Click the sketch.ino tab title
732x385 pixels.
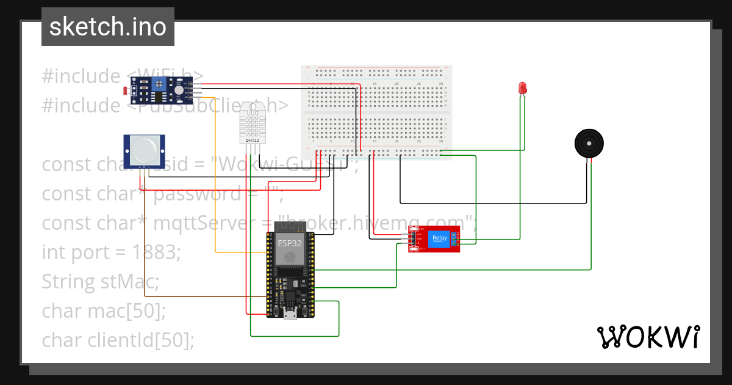pyautogui.click(x=108, y=27)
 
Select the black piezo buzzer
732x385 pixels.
pyautogui.click(x=589, y=144)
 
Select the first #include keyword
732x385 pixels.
pyautogui.click(x=81, y=76)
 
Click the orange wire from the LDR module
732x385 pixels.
pyautogui.click(x=215, y=183)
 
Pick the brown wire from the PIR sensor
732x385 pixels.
pyautogui.click(x=144, y=244)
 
